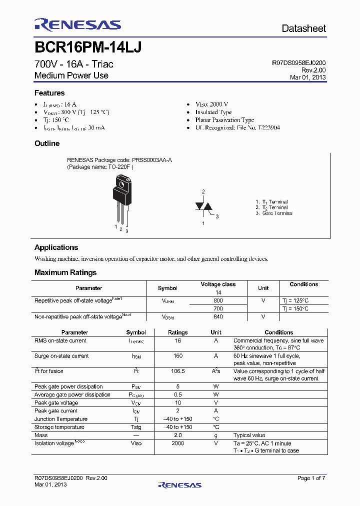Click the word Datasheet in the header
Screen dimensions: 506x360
coord(303,28)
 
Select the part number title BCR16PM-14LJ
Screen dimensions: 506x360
coord(88,47)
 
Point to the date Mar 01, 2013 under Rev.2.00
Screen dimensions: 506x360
coord(307,77)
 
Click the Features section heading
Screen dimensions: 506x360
coord(49,93)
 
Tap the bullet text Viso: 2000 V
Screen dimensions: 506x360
coord(211,104)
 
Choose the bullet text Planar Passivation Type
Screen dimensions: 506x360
coord(224,120)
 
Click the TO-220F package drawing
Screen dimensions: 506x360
coord(121,200)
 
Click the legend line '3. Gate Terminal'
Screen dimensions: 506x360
coord(273,213)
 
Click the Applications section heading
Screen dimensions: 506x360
coord(56,247)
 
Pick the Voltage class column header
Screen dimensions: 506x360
coord(218,284)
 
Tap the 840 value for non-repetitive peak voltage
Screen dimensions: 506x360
coord(218,317)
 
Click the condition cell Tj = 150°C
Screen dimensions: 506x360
coord(295,309)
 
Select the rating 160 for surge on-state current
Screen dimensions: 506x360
coord(177,356)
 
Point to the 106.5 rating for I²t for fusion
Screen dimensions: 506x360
coord(177,371)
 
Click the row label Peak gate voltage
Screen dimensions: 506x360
coord(56,402)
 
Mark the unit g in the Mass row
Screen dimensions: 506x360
coord(216,435)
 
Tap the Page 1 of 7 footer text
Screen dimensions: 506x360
coord(311,478)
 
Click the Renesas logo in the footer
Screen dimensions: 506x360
coord(179,484)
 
